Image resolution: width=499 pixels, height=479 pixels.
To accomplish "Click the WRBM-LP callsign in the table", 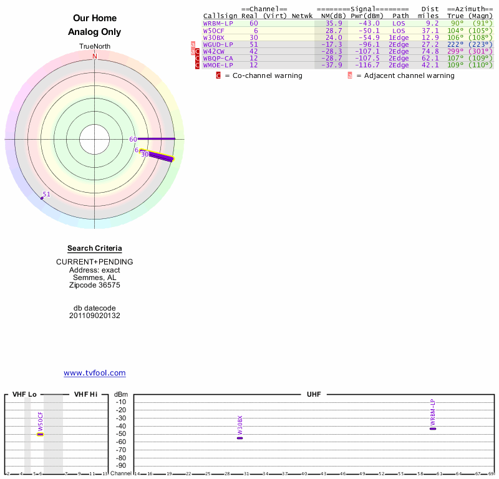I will pyautogui.click(x=218, y=24).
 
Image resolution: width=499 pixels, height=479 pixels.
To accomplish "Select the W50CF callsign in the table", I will pyautogui.click(x=214, y=31).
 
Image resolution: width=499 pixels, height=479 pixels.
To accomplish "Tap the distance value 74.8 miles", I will pyautogui.click(x=429, y=51).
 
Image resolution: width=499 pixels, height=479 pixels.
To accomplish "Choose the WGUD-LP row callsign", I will pyautogui.click(x=218, y=44).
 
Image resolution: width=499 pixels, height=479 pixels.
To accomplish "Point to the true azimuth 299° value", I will pyautogui.click(x=455, y=51).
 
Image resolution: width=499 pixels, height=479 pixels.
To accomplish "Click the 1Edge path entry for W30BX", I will pyautogui.click(x=398, y=37).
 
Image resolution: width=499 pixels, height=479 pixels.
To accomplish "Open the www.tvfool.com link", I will pyautogui.click(x=95, y=373).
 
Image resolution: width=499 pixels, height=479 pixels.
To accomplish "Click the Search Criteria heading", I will pyautogui.click(x=95, y=248).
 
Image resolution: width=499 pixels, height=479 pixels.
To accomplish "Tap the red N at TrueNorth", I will pyautogui.click(x=95, y=56).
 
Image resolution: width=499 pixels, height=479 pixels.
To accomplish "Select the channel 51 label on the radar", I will pyautogui.click(x=46, y=194).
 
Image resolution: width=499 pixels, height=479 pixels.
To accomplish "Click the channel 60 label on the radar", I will pyautogui.click(x=133, y=139).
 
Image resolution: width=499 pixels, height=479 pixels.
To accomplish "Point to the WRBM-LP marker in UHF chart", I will pyautogui.click(x=433, y=428).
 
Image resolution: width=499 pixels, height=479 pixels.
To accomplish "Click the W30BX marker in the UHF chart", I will pyautogui.click(x=240, y=438).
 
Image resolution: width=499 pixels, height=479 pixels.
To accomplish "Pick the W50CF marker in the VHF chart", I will pyautogui.click(x=41, y=433).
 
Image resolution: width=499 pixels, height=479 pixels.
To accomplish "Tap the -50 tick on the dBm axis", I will pyautogui.click(x=122, y=433).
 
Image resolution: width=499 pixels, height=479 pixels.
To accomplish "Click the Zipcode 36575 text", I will pyautogui.click(x=95, y=285).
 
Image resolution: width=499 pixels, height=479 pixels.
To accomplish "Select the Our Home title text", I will pyautogui.click(x=95, y=19).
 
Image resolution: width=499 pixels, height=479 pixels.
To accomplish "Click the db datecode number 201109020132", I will pyautogui.click(x=95, y=316).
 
